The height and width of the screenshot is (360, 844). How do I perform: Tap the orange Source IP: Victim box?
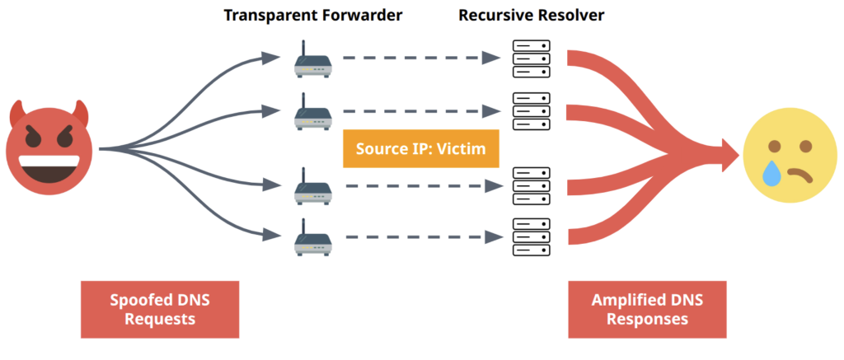[x=421, y=149]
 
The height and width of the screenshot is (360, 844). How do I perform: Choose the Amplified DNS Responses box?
[x=647, y=309]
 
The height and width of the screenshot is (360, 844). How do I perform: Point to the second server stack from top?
[x=528, y=110]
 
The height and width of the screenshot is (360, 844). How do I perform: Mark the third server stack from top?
[x=528, y=185]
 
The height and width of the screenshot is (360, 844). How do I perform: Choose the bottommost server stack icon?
[x=528, y=236]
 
